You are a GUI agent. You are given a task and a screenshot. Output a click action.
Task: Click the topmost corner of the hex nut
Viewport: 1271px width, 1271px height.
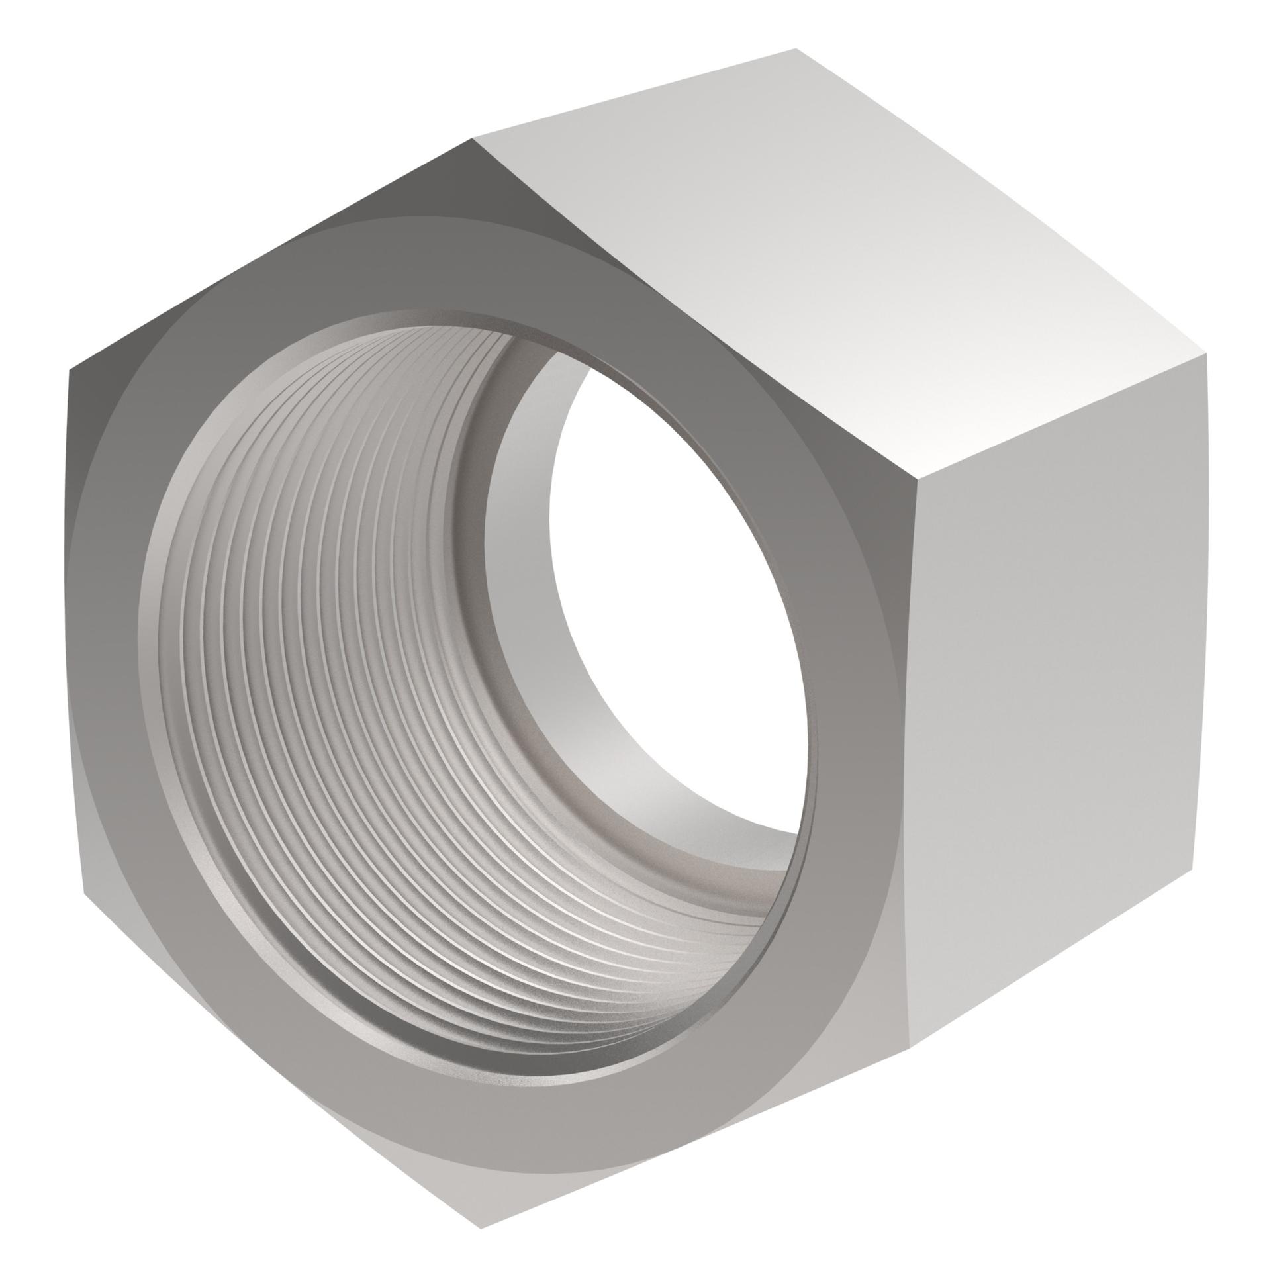(x=796, y=49)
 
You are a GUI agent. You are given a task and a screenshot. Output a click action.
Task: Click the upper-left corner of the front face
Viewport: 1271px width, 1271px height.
(x=69, y=371)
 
